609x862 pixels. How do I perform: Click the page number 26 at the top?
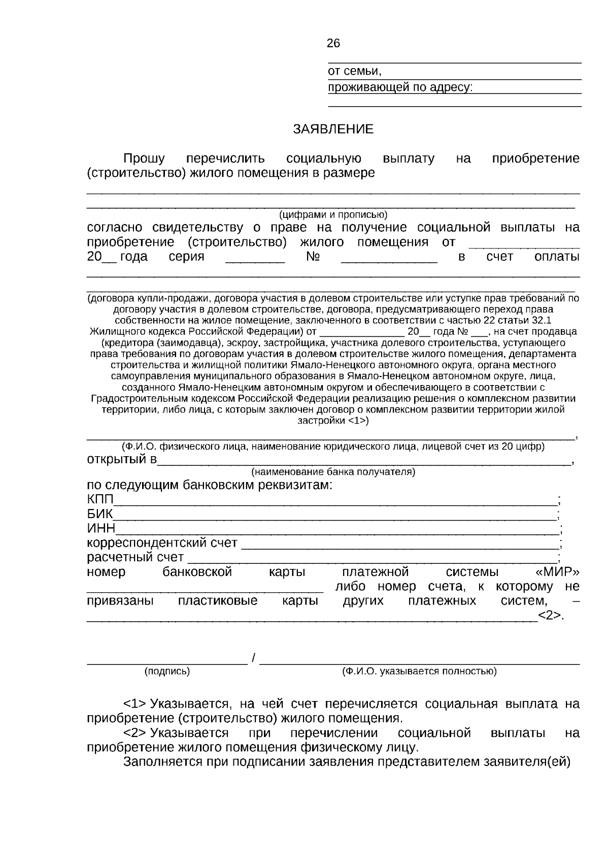[333, 44]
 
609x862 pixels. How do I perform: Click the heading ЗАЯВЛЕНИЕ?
[333, 130]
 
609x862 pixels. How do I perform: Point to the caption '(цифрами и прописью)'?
[333, 214]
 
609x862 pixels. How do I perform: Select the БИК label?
[100, 514]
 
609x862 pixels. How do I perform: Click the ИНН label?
[100, 528]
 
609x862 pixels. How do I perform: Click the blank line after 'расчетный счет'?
[373, 560]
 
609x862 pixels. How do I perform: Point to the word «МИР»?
[557, 572]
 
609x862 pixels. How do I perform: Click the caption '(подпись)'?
[167, 672]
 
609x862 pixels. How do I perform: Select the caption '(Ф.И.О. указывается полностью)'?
[419, 672]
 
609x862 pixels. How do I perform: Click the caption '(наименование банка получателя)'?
[333, 472]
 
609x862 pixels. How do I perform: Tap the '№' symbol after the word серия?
[313, 257]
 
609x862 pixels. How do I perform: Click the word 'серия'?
[186, 257]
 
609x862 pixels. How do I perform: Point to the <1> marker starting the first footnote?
[134, 704]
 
